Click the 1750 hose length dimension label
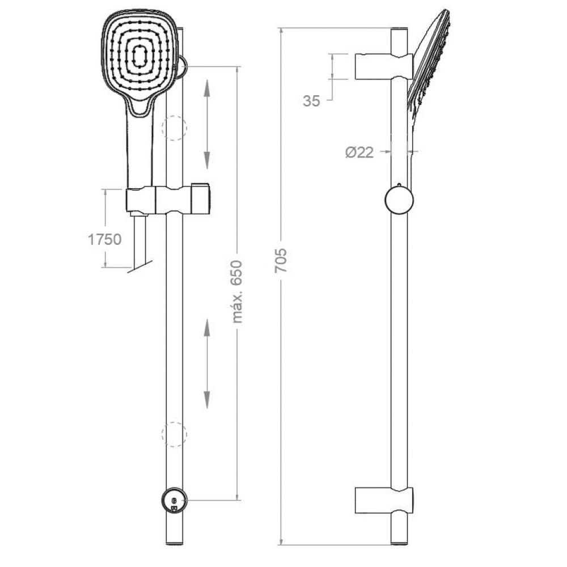(x=105, y=239)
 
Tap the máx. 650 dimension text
(x=237, y=291)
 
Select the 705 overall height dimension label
(x=281, y=260)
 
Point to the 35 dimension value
(x=311, y=101)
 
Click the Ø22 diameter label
(x=359, y=152)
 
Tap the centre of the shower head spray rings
(x=139, y=56)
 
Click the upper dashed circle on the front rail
(x=174, y=128)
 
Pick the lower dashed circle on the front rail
(x=174, y=434)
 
